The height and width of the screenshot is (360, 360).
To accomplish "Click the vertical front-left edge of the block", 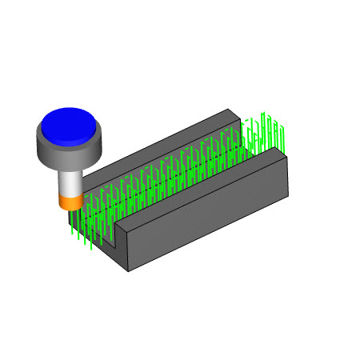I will click(x=128, y=256).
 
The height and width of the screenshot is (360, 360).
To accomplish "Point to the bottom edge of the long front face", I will click(x=209, y=232).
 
